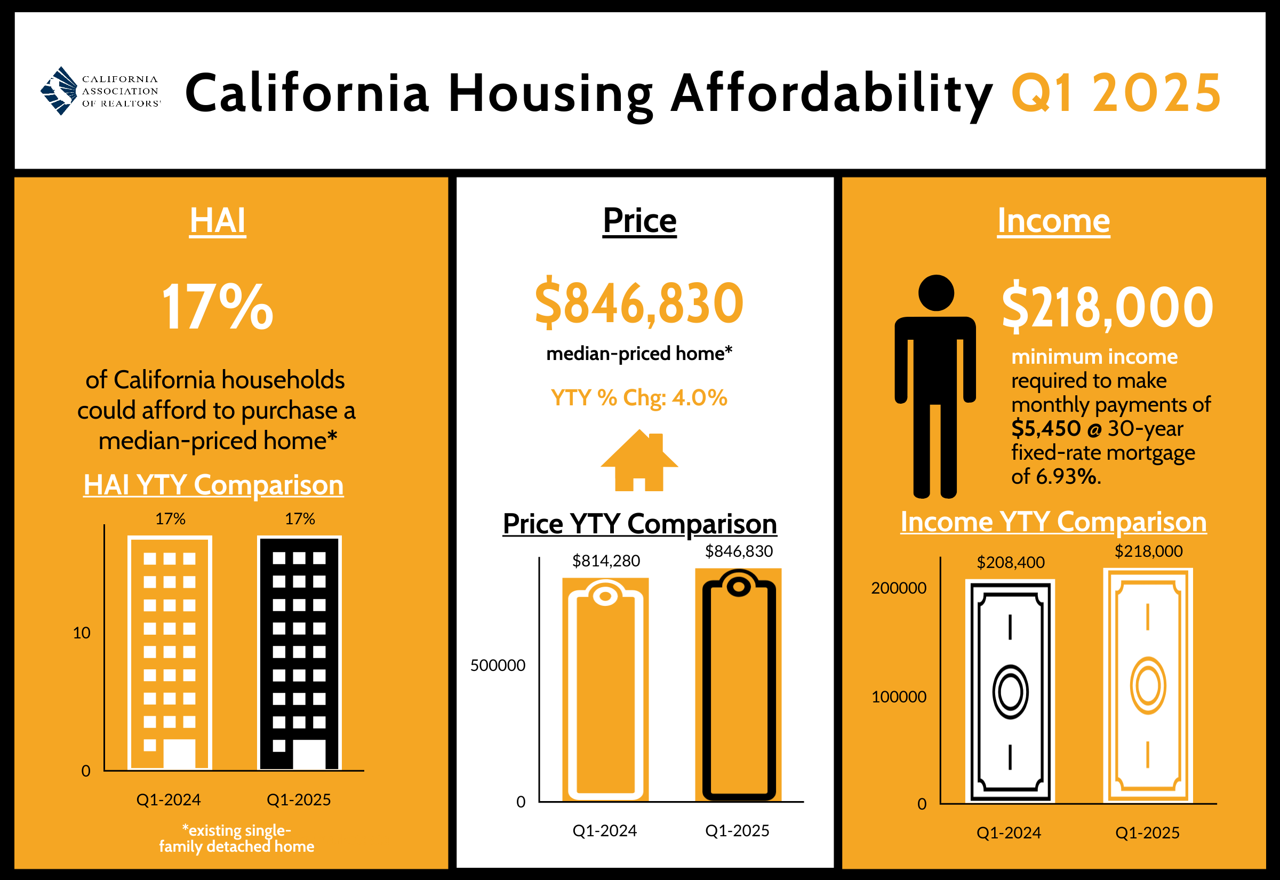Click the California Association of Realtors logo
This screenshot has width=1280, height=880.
100,91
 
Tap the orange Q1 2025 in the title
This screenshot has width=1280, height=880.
1116,93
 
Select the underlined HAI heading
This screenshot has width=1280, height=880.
217,221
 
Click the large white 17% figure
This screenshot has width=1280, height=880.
217,307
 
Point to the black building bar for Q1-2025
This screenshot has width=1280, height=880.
299,653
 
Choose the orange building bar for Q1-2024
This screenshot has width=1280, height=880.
170,653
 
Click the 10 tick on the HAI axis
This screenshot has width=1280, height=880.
82,633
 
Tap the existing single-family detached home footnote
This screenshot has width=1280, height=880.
236,838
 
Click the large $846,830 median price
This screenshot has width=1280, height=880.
639,303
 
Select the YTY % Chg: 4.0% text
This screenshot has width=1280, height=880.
639,397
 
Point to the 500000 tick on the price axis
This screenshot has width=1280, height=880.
498,665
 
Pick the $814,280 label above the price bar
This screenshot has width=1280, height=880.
606,561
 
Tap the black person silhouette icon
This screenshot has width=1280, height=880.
935,386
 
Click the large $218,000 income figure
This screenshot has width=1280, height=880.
1107,307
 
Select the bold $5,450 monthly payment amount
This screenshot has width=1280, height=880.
1046,428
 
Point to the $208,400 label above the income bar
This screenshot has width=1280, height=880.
1011,563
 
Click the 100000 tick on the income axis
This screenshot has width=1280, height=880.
899,697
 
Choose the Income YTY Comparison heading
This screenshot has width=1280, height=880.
1053,522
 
